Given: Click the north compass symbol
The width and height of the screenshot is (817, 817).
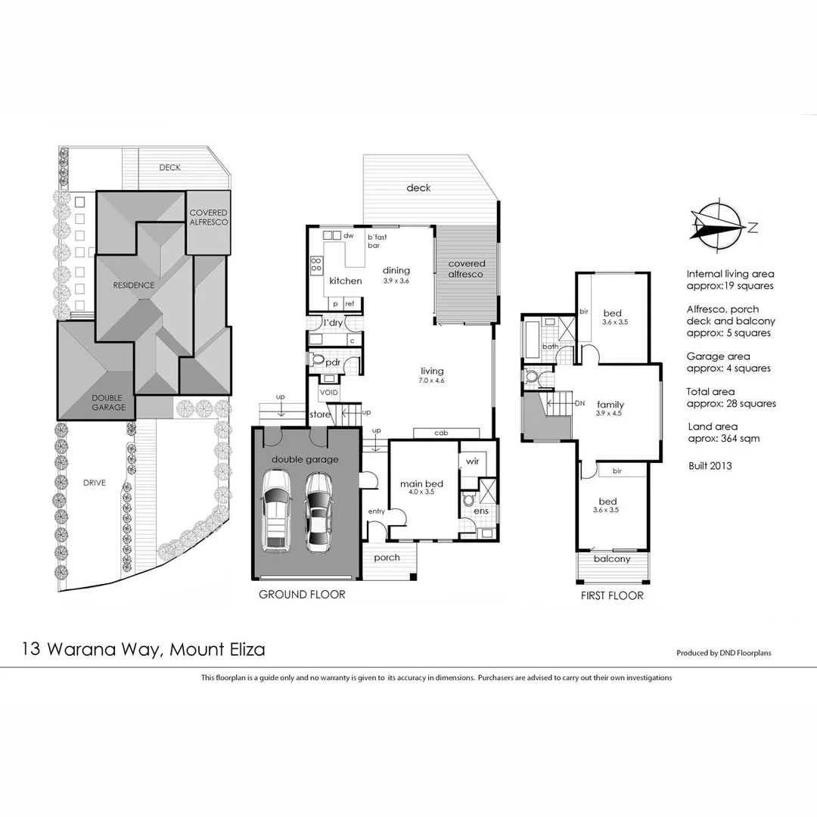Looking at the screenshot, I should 718,225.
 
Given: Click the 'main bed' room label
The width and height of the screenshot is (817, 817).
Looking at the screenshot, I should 422,484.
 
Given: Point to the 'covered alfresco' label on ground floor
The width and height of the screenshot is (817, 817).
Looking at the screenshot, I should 466,269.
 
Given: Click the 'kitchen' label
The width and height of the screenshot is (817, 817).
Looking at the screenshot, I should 345,281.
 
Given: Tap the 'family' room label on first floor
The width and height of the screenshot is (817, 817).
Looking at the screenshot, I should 610,405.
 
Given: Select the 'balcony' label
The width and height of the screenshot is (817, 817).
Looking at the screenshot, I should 611,559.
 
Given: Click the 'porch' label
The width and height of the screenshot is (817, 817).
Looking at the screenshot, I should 387,558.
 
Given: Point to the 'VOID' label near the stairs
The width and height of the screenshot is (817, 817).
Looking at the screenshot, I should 328,393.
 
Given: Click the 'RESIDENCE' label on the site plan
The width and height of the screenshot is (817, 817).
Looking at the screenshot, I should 134,285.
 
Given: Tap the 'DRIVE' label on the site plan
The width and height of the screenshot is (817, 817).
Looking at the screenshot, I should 95,483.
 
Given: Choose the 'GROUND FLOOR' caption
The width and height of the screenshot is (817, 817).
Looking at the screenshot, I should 302,595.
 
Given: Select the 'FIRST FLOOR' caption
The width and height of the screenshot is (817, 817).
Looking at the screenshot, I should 611,595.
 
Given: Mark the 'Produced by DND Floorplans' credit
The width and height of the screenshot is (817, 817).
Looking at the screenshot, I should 723,653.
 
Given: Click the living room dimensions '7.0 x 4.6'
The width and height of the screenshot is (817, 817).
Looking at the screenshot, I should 432,381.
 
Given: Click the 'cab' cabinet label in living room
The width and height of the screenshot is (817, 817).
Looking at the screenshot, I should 441,433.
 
